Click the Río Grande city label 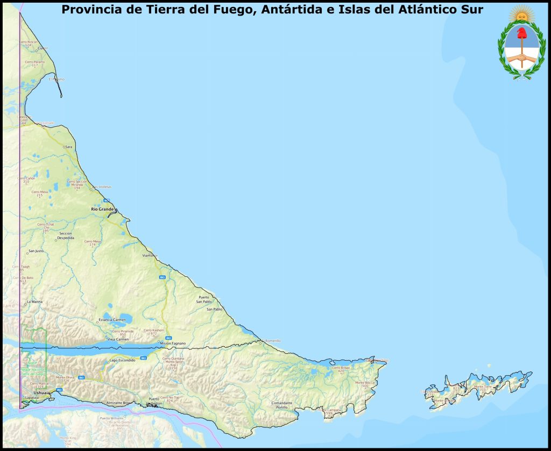(102, 209)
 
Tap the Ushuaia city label (41, 393)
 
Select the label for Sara (68, 146)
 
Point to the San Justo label (36, 251)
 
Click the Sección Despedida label (66, 235)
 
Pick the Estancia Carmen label (112, 320)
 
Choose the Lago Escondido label (122, 360)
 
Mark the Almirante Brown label (118, 403)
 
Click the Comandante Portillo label (282, 405)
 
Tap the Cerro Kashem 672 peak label (153, 332)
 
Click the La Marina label (34, 302)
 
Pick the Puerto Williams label (111, 418)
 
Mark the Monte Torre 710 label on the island (482, 388)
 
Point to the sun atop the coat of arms (520, 13)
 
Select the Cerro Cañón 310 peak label (26, 180)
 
